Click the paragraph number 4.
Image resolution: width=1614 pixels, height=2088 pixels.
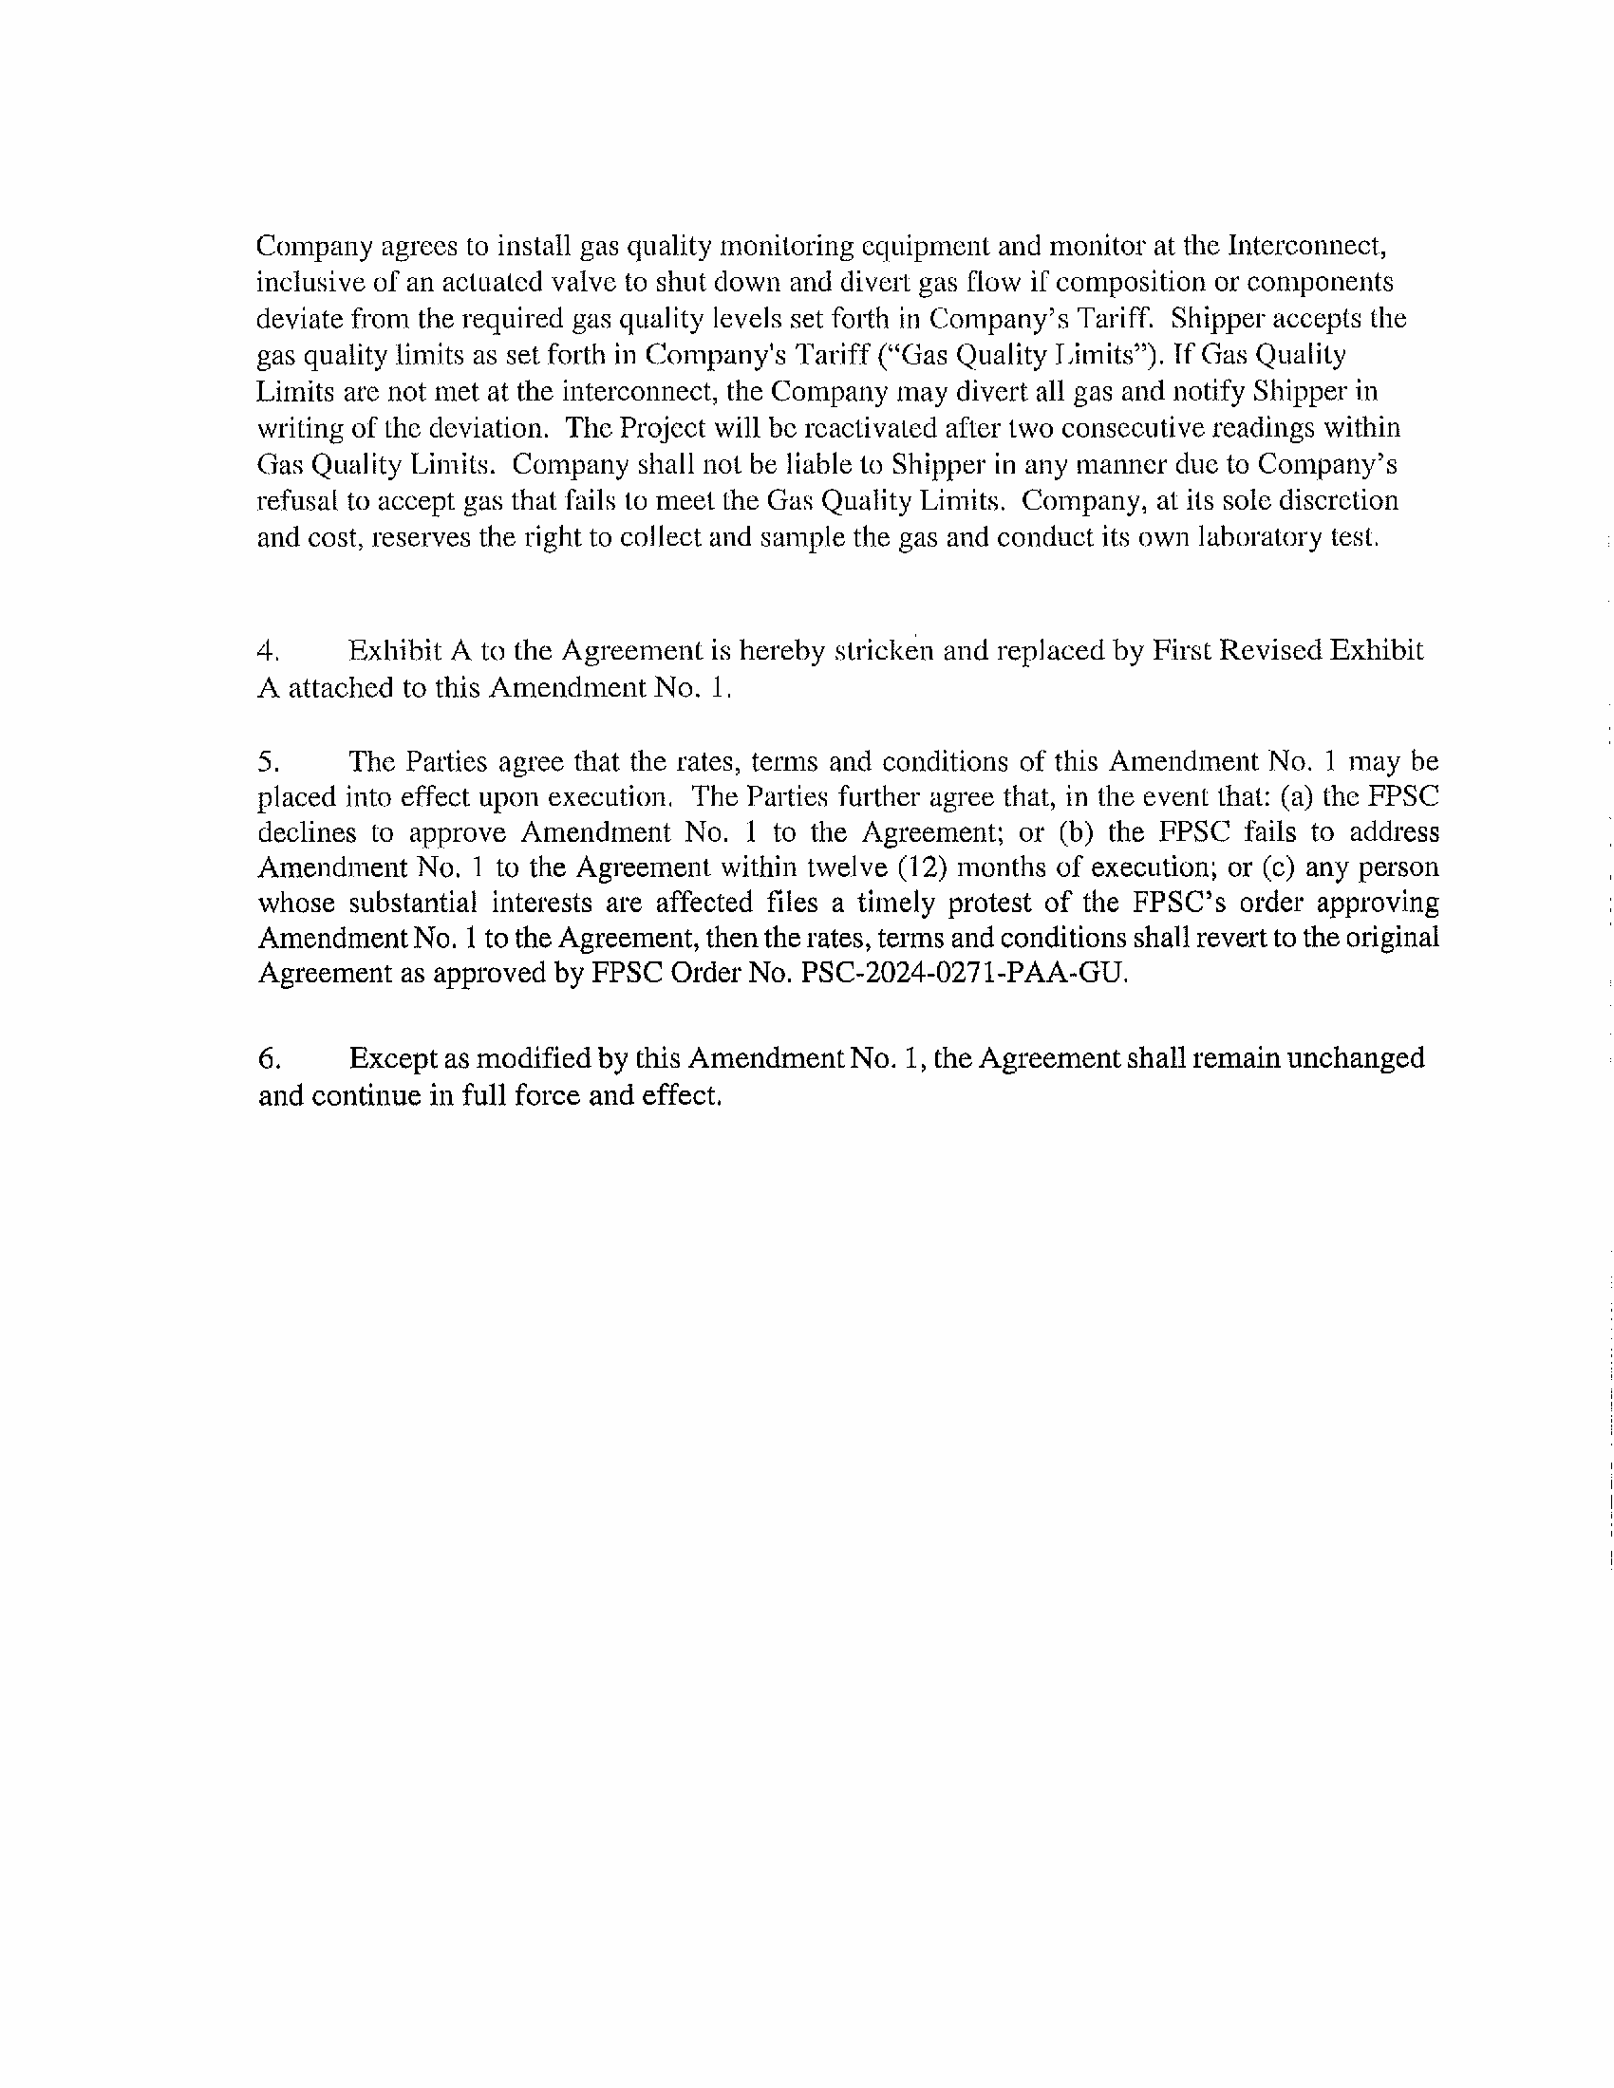[x=268, y=652]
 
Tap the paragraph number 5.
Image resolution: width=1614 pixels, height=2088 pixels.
[x=268, y=762]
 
